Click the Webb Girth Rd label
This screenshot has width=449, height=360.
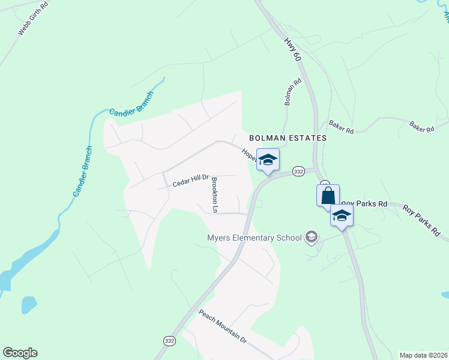28,23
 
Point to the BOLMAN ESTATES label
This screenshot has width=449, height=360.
288,138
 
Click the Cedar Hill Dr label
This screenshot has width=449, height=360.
190,181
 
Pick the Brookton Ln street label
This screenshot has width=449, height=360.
214,194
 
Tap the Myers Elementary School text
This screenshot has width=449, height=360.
254,238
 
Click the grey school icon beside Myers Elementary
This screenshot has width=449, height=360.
311,238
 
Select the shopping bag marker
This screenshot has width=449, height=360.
328,196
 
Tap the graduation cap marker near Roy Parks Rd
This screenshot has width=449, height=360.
342,216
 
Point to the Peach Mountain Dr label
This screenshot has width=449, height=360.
223,326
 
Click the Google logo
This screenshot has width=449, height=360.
20,353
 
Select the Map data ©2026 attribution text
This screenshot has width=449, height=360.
423,355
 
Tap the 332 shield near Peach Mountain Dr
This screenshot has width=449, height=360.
169,341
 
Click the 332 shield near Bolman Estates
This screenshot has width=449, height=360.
298,172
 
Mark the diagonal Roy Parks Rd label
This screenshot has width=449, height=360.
421,220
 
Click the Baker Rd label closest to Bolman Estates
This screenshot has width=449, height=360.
341,127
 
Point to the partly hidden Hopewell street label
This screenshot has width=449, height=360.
249,155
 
